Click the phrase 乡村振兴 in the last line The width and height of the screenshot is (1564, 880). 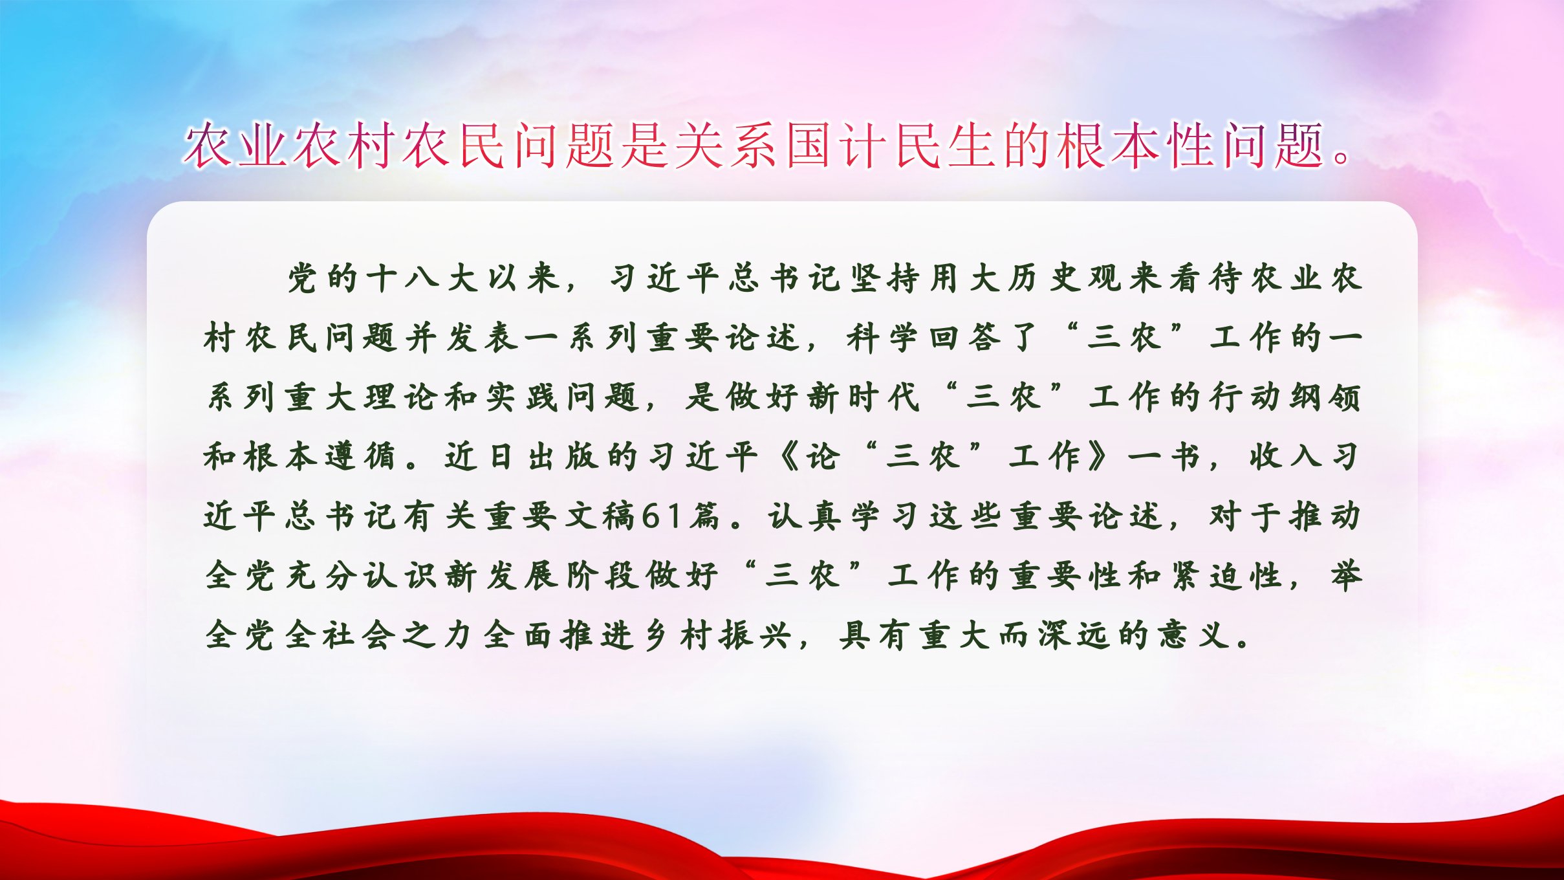pos(718,635)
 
